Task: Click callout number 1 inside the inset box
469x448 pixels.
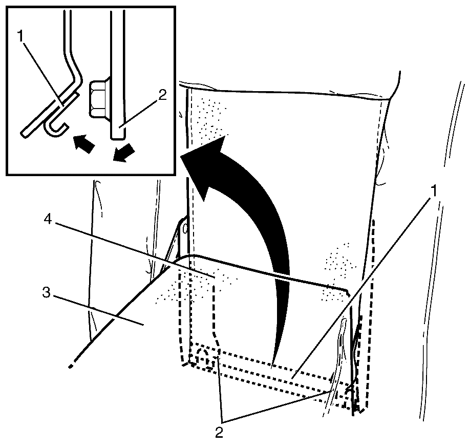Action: (20, 36)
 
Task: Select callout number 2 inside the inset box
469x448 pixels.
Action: (162, 95)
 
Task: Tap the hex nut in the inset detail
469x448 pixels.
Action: (98, 98)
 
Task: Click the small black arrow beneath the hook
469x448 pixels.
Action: (84, 144)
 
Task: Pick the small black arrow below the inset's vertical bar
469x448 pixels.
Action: (124, 153)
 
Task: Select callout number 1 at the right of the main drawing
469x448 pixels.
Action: (434, 191)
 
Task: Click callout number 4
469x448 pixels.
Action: (48, 220)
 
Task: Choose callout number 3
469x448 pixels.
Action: (46, 292)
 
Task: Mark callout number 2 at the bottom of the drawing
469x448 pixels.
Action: (219, 433)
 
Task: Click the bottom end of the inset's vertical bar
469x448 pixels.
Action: (118, 138)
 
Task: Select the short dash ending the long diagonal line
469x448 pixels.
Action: (71, 366)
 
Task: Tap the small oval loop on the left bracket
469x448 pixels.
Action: (185, 229)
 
